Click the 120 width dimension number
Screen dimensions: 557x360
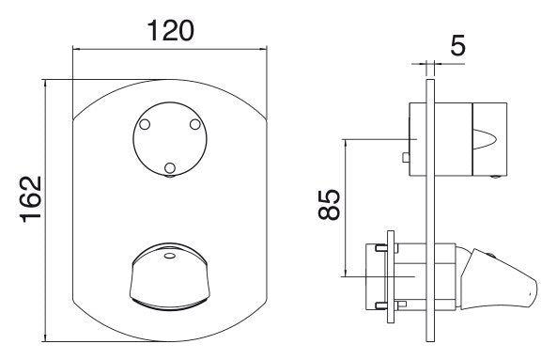click(171, 30)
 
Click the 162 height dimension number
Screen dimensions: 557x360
click(31, 199)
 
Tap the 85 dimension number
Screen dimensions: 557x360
click(329, 204)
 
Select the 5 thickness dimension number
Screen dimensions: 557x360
click(457, 45)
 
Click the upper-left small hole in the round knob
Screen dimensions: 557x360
click(145, 124)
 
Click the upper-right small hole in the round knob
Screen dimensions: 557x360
click(195, 124)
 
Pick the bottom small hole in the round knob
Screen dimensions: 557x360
click(170, 167)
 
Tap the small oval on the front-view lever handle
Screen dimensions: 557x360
click(170, 255)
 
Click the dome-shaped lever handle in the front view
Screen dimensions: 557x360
click(170, 276)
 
